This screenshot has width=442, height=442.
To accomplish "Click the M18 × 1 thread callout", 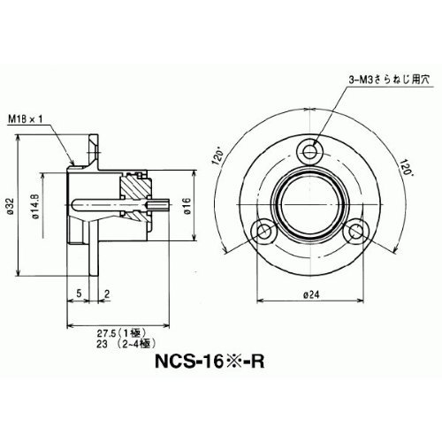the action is [26, 118].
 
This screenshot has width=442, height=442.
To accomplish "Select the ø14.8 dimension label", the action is [36, 206].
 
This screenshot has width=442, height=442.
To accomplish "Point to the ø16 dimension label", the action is [187, 205].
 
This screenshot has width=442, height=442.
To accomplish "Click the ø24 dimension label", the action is [311, 294].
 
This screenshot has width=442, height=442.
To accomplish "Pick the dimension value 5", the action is [79, 293].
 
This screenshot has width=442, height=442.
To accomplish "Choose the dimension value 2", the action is [107, 293].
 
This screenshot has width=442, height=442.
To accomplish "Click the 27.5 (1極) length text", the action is [122, 333].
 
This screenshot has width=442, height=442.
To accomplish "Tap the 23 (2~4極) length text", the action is [126, 344].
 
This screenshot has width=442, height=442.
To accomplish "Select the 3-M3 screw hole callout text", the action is [389, 80].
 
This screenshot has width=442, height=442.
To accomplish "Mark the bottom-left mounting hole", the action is [263, 231].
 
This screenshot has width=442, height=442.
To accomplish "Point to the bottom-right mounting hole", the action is [356, 231].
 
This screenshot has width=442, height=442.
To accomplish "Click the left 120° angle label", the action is [218, 157].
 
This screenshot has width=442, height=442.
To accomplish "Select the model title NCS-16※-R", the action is [210, 362].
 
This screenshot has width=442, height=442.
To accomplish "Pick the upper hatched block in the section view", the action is [135, 187].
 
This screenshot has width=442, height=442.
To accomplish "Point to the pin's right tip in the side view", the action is [169, 204].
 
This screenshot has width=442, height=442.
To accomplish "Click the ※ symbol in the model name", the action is [232, 362].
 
